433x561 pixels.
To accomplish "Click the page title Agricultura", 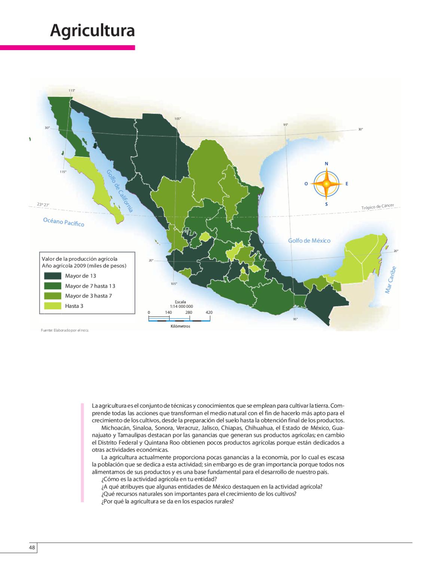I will pyautogui.click(x=92, y=31).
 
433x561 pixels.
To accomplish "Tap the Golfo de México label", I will pyautogui.click(x=309, y=240).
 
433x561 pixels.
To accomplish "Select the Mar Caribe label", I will pyautogui.click(x=392, y=280).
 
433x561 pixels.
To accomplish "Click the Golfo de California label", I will pyautogui.click(x=120, y=191).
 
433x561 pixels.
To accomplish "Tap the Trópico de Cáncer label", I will pyautogui.click(x=378, y=207).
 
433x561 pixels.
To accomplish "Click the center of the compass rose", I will pyautogui.click(x=326, y=184).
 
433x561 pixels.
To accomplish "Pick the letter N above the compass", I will pyautogui.click(x=326, y=164).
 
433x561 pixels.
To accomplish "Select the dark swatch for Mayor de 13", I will pyautogui.click(x=52, y=276).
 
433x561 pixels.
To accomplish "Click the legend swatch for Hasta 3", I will pyautogui.click(x=52, y=306).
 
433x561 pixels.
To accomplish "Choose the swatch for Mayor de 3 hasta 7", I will pyautogui.click(x=52, y=296).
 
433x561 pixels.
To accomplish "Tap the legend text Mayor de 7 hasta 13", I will pyautogui.click(x=90, y=286).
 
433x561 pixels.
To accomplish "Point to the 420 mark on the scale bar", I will pyautogui.click(x=209, y=312).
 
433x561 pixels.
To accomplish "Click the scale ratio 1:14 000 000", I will pyautogui.click(x=181, y=306).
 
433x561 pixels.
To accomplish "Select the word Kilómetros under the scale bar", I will pyautogui.click(x=180, y=327).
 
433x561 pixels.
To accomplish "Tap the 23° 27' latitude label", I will pyautogui.click(x=43, y=204).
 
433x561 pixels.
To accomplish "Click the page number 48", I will pyautogui.click(x=32, y=548).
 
